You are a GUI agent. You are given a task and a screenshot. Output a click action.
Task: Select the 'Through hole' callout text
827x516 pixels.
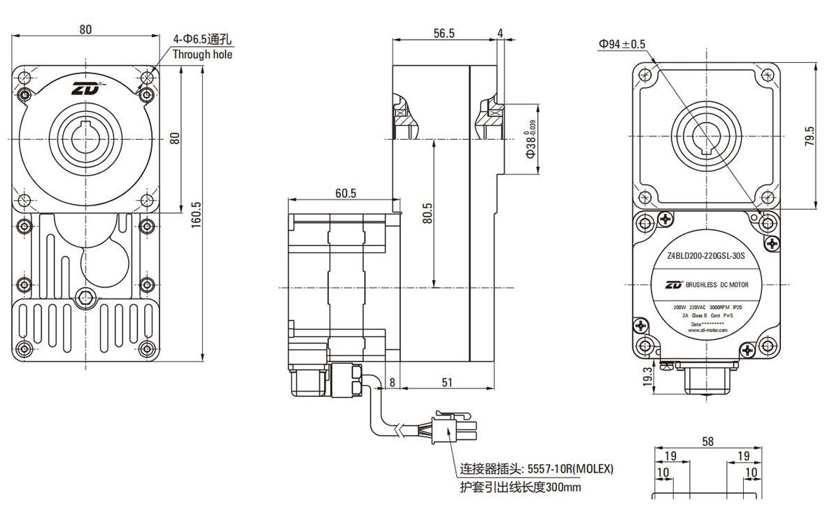pos(202,55)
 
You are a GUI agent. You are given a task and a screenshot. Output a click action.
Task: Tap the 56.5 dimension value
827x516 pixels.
pos(444,33)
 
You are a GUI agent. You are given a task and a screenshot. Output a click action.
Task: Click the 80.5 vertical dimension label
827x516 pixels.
pos(427,213)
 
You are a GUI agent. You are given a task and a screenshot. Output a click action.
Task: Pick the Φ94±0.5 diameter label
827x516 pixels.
pos(622,44)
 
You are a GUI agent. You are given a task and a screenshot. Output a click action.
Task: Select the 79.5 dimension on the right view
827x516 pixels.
pos(809,136)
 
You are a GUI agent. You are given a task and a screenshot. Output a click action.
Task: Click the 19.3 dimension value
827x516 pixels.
pos(647,375)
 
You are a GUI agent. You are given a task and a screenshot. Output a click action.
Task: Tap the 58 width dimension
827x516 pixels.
pos(707,441)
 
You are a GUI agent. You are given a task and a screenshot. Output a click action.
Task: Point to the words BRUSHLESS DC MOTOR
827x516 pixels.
pos(716,285)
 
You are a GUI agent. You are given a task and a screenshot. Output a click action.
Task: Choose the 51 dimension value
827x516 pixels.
pos(445,382)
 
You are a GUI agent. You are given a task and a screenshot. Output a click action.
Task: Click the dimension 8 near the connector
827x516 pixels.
pos(393,382)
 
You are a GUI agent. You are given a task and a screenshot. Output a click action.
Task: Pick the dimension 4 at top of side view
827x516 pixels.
pos(500,33)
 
